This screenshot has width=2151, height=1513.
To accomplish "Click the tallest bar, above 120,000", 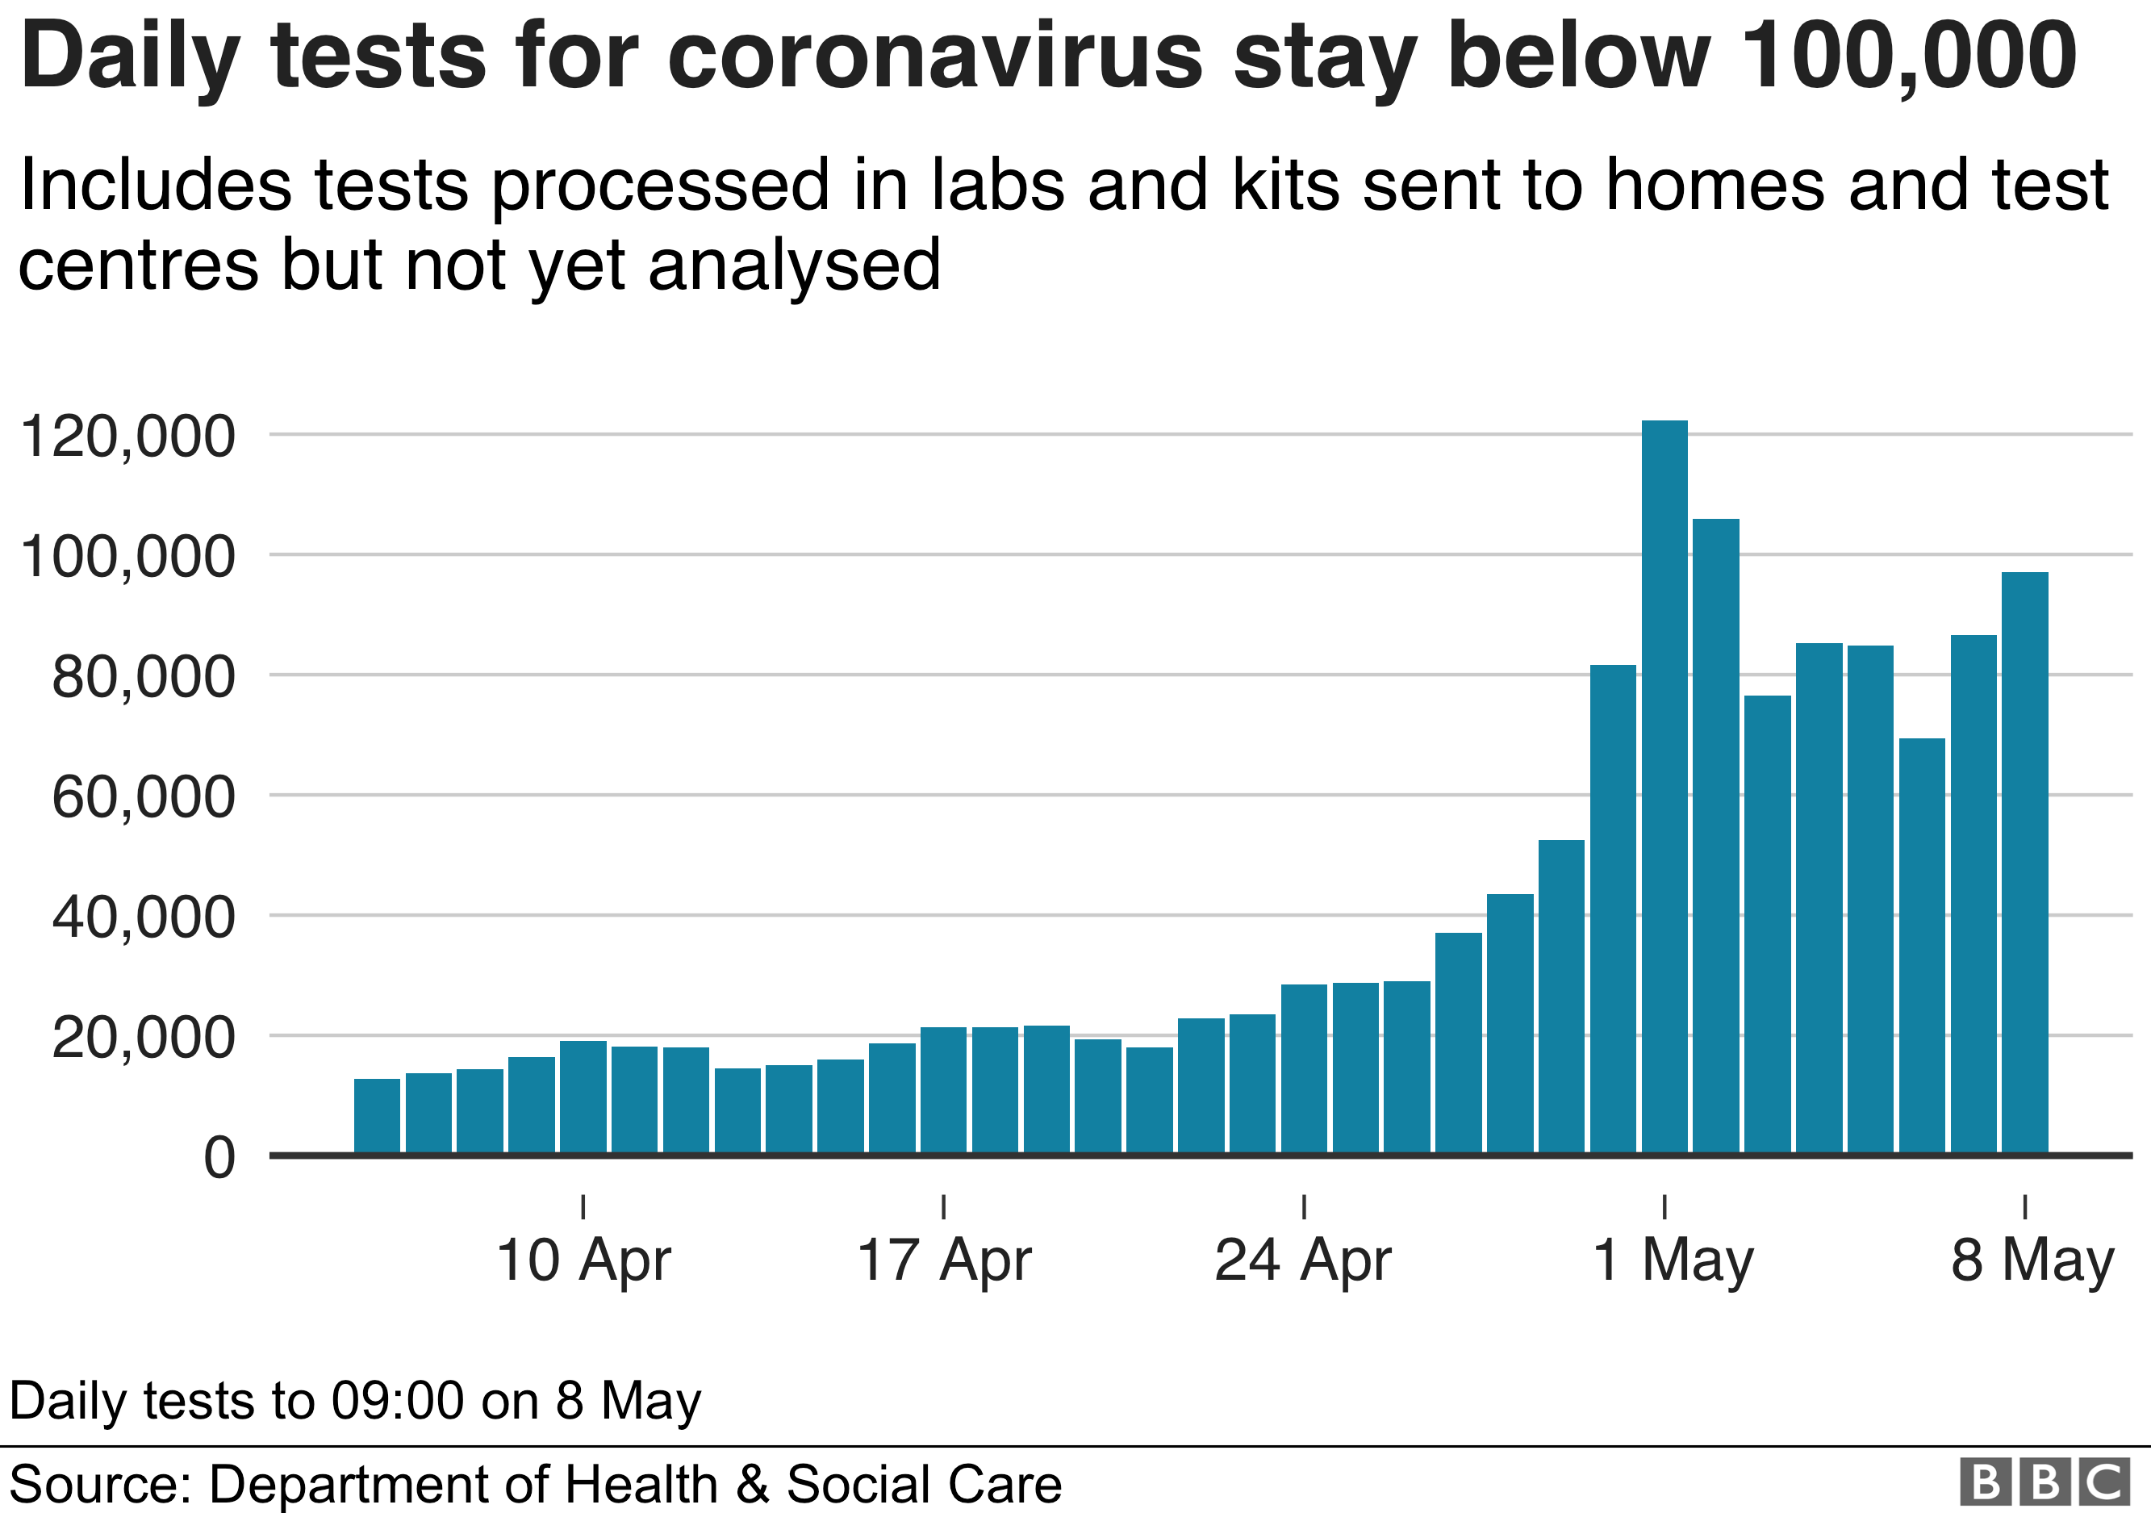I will pyautogui.click(x=1664, y=787).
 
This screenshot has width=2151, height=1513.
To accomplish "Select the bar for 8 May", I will pyautogui.click(x=2024, y=862).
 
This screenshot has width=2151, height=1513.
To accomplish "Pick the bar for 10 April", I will pyautogui.click(x=583, y=1096).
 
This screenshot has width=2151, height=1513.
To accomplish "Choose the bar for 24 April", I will pyautogui.click(x=1304, y=1068).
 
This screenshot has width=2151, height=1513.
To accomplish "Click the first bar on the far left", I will pyautogui.click(x=377, y=1116).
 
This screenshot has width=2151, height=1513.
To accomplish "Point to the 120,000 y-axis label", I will pyautogui.click(x=127, y=437).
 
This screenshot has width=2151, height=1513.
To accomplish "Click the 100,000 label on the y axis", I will pyautogui.click(x=127, y=557).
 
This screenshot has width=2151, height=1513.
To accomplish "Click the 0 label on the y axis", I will pyautogui.click(x=219, y=1158).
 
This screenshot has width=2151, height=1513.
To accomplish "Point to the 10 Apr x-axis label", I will pyautogui.click(x=583, y=1260).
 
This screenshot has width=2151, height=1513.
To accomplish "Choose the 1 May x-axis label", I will pyautogui.click(x=1673, y=1260).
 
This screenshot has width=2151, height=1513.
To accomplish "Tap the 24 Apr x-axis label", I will pyautogui.click(x=1303, y=1260).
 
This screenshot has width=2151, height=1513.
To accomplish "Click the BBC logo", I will pyautogui.click(x=2041, y=1483).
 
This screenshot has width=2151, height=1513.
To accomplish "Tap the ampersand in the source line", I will pyautogui.click(x=752, y=1484).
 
